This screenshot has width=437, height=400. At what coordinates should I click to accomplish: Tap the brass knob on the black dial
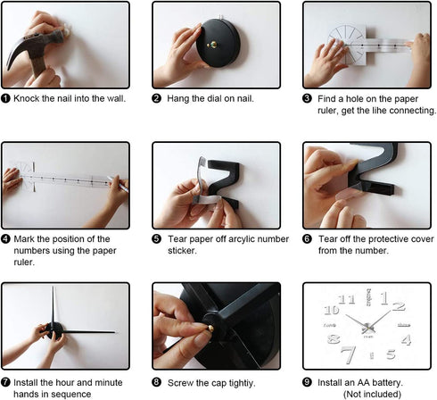(212, 45)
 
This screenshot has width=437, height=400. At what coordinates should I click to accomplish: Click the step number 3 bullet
(307, 98)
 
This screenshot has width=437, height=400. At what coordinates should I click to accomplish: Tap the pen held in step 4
(118, 184)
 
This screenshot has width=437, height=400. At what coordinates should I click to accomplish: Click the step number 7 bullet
(5, 382)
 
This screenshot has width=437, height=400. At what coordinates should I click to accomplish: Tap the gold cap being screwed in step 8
(210, 329)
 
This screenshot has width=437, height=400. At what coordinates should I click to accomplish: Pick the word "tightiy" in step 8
(242, 383)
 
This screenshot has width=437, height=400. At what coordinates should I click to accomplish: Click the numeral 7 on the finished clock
(349, 354)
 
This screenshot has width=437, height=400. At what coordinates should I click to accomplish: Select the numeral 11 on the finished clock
(347, 299)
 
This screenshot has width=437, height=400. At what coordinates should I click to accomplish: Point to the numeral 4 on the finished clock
(407, 339)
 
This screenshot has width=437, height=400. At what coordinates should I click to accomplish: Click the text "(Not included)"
(372, 394)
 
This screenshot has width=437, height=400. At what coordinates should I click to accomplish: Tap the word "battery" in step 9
(386, 382)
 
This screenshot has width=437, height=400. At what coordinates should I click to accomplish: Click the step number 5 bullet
(156, 238)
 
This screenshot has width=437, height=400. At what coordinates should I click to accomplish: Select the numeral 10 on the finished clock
(332, 310)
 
